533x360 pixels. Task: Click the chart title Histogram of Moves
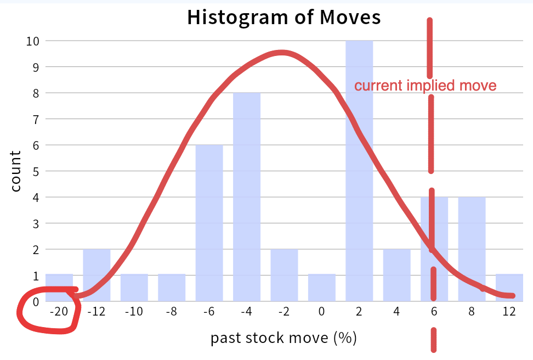coord(283,17)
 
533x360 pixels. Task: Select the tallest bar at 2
coord(359,170)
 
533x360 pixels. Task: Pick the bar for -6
coord(209,222)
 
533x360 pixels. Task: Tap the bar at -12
coord(97,274)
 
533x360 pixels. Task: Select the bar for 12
coord(509,288)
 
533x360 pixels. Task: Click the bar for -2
coord(284,274)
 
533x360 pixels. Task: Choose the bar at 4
coord(396,274)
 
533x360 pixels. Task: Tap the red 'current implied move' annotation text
coord(425,86)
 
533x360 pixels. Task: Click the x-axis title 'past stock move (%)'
coord(283,337)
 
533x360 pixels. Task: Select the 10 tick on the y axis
coord(35,41)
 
